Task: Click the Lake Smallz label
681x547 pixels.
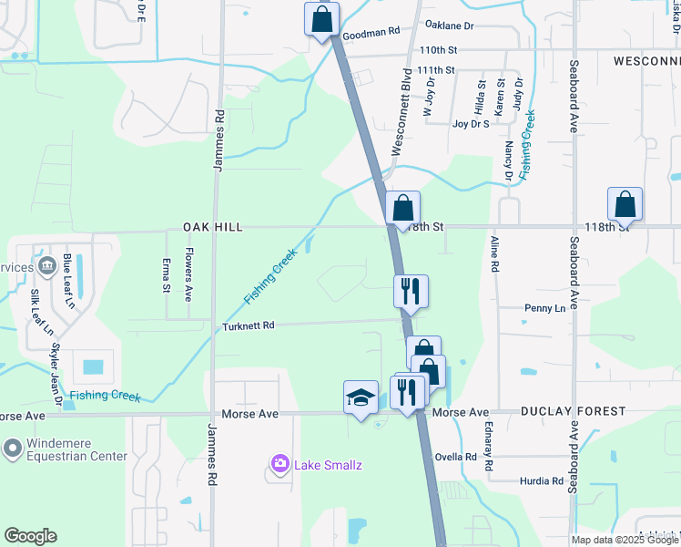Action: click(328, 466)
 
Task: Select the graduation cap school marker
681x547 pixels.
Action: click(361, 397)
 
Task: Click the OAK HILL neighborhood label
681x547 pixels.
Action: click(213, 227)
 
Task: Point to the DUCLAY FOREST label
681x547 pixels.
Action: click(573, 412)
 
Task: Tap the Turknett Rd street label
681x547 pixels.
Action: click(249, 325)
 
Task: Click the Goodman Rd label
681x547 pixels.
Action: click(371, 32)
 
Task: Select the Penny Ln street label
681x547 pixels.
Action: click(544, 308)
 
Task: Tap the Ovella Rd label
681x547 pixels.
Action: click(457, 457)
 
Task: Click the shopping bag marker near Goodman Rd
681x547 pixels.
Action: click(322, 19)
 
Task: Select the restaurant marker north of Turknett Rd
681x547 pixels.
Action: click(411, 291)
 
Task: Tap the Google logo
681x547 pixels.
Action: click(30, 536)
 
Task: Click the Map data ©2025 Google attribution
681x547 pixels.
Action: click(623, 540)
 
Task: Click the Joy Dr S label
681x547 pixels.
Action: click(472, 124)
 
